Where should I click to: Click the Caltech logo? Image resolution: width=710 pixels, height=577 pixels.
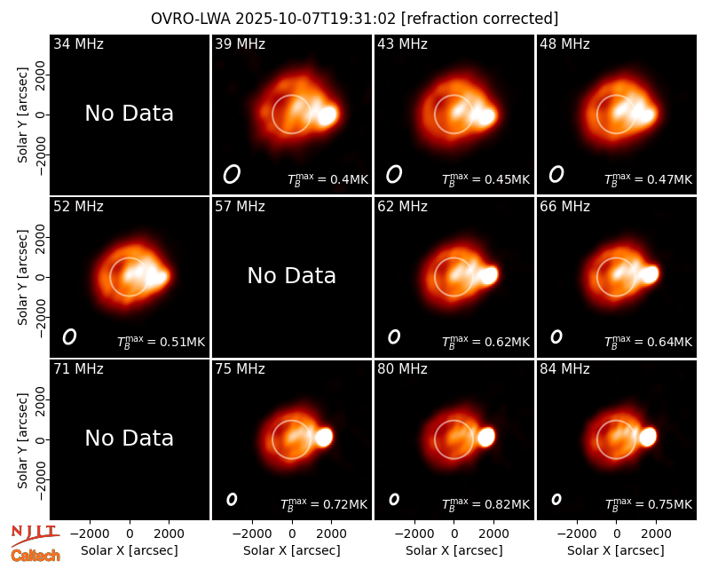pyautogui.click(x=35, y=556)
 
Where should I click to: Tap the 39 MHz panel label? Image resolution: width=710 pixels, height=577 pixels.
pyautogui.click(x=240, y=43)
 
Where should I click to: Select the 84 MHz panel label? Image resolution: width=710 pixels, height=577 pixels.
pyautogui.click(x=564, y=369)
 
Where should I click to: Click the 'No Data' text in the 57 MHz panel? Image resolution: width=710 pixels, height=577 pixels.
pyautogui.click(x=292, y=276)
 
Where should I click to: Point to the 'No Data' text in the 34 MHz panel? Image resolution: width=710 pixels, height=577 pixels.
pyautogui.click(x=129, y=114)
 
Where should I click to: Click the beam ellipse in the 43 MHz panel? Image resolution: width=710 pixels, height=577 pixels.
pyautogui.click(x=394, y=174)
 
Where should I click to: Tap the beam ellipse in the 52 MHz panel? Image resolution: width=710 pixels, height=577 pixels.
pyautogui.click(x=69, y=336)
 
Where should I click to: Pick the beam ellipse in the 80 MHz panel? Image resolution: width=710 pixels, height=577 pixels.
pyautogui.click(x=394, y=499)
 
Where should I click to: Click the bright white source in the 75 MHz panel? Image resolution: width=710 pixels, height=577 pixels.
pyautogui.click(x=324, y=437)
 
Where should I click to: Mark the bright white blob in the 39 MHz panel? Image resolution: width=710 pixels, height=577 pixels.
pyautogui.click(x=327, y=115)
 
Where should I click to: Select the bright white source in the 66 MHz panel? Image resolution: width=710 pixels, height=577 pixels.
pyautogui.click(x=650, y=274)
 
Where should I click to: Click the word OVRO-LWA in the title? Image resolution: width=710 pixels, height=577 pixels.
pyautogui.click(x=191, y=19)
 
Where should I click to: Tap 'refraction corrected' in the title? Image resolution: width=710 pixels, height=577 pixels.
pyautogui.click(x=480, y=19)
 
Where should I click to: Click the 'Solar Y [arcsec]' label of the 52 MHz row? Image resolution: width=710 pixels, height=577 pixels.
pyautogui.click(x=23, y=278)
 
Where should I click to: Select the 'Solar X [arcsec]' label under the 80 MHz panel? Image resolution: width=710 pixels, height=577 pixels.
pyautogui.click(x=454, y=550)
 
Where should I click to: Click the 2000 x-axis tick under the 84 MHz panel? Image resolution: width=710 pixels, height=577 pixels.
pyautogui.click(x=656, y=534)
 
